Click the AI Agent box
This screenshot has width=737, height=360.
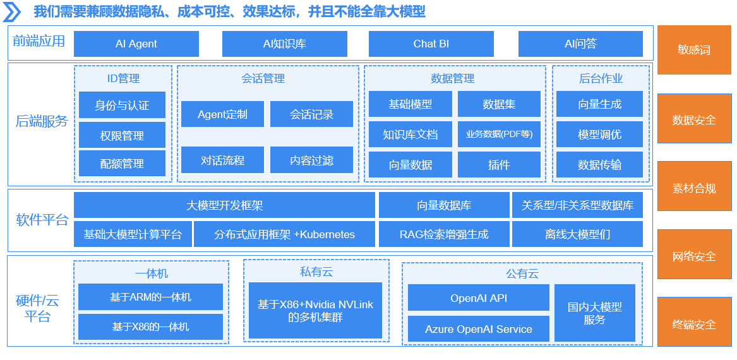(x=136, y=44)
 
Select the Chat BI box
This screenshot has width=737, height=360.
(x=431, y=44)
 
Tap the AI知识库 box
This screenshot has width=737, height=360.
(x=284, y=44)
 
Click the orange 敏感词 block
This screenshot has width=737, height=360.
(x=694, y=50)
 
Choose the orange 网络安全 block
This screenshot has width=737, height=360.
(x=694, y=256)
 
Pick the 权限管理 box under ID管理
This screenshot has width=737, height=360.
(x=123, y=135)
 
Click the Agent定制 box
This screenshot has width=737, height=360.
(x=222, y=114)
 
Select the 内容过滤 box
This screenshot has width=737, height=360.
(x=311, y=160)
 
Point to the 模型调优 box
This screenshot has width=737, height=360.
(x=599, y=135)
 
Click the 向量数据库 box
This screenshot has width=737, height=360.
(x=444, y=205)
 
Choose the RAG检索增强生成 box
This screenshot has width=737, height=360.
(x=444, y=234)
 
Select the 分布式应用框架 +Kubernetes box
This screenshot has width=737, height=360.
(x=284, y=234)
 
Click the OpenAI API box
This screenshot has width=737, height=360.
(x=479, y=297)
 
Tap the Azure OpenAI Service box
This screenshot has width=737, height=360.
(x=479, y=328)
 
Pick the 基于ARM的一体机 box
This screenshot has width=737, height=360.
(x=150, y=297)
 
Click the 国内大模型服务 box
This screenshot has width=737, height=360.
(x=594, y=313)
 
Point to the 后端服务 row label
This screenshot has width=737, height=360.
(x=41, y=122)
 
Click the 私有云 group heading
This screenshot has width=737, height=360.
(x=316, y=271)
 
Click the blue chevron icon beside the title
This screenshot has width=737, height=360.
(x=12, y=12)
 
